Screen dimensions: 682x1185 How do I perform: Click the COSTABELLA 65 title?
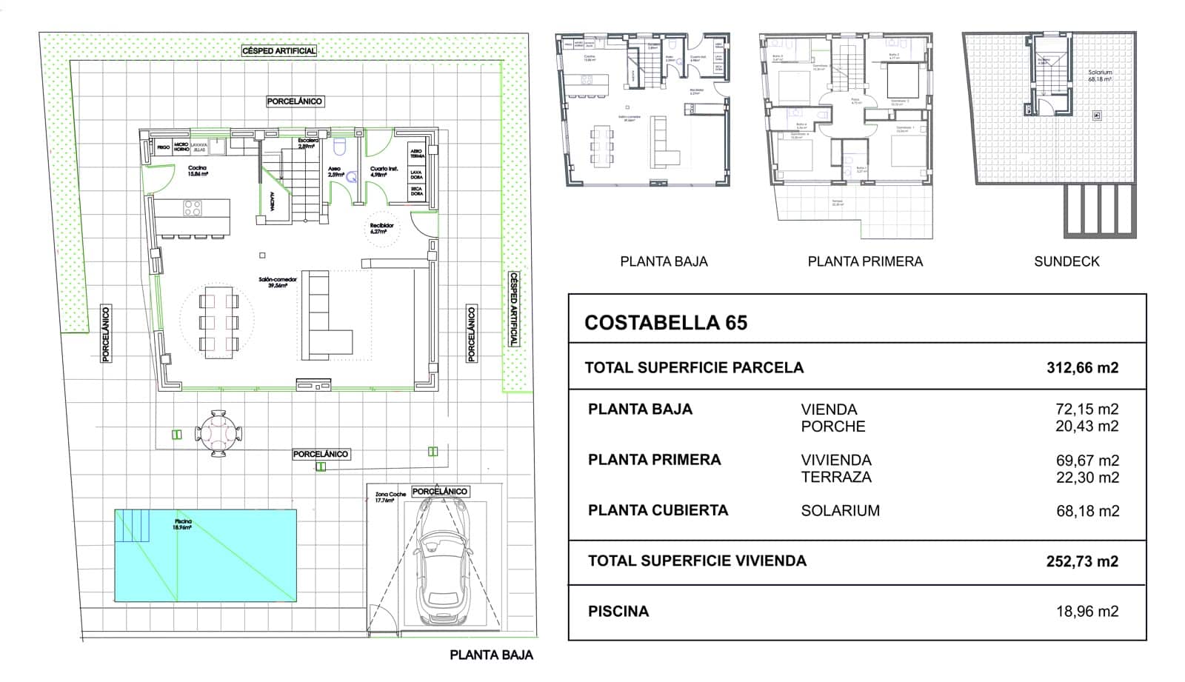point(665,323)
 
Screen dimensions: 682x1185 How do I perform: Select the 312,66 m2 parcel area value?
point(1081,368)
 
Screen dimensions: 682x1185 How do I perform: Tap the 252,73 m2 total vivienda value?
point(1081,561)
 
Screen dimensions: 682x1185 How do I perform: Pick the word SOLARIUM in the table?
point(840,511)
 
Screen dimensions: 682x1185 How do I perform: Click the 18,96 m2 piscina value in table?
point(1086,612)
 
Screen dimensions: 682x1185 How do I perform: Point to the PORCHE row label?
point(832,427)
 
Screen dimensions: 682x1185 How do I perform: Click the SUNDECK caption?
point(1066,261)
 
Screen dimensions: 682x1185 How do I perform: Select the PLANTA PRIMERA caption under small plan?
point(864,261)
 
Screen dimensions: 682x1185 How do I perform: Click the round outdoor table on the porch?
point(218,434)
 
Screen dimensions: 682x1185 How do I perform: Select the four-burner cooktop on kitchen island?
point(193,208)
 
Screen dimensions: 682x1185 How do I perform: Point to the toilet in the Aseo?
point(340,147)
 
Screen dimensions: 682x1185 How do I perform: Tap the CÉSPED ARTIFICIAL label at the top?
point(278,51)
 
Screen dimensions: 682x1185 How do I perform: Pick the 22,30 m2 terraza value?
point(1086,478)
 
